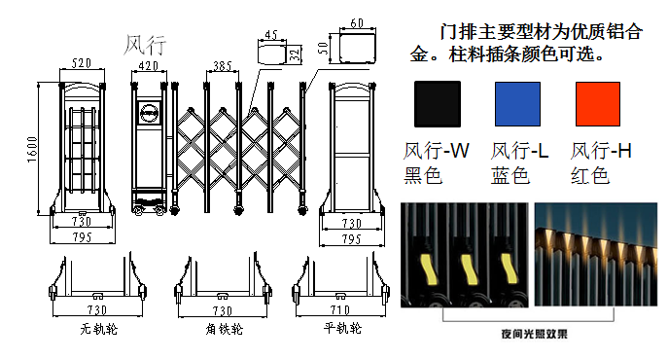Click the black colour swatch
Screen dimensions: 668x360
point(438,104)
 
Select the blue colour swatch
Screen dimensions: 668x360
point(517,104)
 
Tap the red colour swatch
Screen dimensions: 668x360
point(597,104)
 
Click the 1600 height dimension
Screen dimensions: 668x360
point(32,149)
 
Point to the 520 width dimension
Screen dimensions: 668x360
point(82,63)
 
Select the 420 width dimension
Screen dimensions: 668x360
point(149,66)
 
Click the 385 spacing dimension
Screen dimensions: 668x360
point(223,66)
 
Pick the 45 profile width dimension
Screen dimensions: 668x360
point(271,35)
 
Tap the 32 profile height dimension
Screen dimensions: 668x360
point(295,54)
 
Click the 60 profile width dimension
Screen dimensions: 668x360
point(357,23)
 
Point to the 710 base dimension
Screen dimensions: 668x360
point(340,309)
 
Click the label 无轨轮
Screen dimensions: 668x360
point(98,329)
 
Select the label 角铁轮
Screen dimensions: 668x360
point(224,329)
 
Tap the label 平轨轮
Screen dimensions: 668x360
point(342,328)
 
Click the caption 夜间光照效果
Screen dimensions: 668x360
point(534,334)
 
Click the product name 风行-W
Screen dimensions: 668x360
point(437,151)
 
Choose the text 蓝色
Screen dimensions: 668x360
point(510,175)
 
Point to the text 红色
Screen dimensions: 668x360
point(590,175)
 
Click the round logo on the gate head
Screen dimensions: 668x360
point(149,113)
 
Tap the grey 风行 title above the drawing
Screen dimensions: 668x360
point(145,45)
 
